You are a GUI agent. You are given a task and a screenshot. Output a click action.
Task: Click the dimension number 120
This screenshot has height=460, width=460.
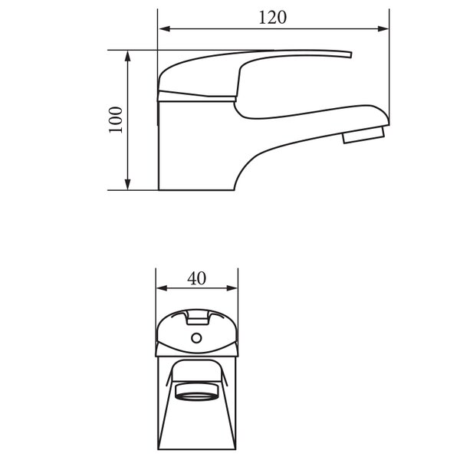tap(272, 18)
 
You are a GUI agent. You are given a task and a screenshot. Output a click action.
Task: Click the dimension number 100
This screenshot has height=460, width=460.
tap(116, 120)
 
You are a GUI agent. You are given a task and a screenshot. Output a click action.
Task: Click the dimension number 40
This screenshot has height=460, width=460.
tap(196, 278)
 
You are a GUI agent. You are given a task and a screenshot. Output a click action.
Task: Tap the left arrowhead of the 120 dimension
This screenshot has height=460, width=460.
tap(164, 29)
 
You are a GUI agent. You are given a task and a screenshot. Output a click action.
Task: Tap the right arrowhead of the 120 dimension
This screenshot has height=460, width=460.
tap(383, 29)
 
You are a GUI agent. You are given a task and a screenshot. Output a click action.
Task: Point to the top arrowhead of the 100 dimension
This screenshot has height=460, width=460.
tap(127, 56)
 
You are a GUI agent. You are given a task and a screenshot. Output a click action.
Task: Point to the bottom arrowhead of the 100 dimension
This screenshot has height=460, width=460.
tap(127, 184)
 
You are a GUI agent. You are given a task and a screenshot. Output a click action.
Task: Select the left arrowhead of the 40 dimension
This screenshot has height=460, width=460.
tap(162, 288)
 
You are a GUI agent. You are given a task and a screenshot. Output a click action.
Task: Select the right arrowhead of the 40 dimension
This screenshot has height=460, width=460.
tap(232, 288)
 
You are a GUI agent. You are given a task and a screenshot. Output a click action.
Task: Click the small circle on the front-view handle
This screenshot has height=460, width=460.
tap(196, 338)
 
